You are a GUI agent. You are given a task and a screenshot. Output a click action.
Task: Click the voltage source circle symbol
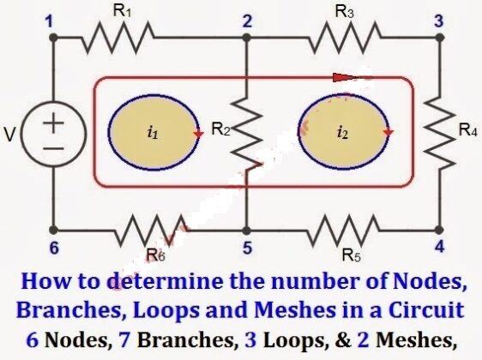point(54,135)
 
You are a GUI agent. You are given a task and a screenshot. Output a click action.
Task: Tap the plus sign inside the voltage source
point(54,123)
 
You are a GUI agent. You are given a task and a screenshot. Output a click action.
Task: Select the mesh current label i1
point(153,133)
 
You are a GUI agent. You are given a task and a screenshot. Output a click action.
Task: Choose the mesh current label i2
point(343,133)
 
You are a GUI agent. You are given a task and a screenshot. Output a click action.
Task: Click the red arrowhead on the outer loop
point(343,77)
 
